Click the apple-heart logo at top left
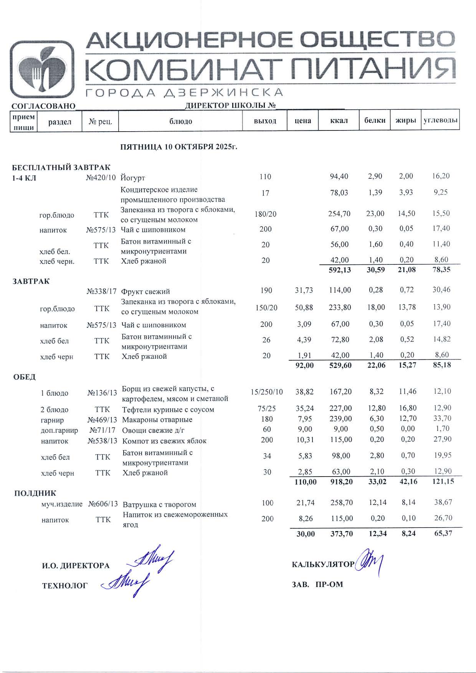tap(42, 69)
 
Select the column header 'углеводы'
tap(440, 120)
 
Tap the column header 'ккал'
tap(339, 121)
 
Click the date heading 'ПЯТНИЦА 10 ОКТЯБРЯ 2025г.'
tap(179, 147)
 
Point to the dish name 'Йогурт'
tap(133, 178)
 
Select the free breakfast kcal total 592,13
tap(340, 270)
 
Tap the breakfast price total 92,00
tap(304, 366)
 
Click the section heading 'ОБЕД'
tap(25, 377)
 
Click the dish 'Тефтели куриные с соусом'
tap(168, 410)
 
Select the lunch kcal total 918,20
tap(341, 482)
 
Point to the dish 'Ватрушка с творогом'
tap(159, 505)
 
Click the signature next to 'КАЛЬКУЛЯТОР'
tap(369, 563)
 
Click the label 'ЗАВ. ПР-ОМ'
tap(317, 585)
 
